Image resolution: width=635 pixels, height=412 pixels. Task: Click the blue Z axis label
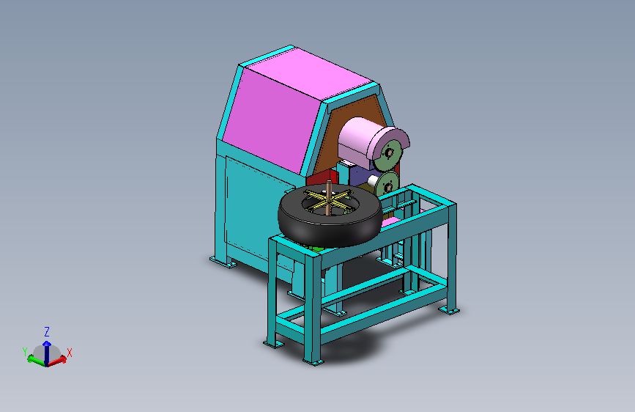(x=47, y=332)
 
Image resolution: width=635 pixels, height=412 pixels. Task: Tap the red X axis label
(x=70, y=353)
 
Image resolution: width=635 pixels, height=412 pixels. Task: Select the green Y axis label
(x=25, y=352)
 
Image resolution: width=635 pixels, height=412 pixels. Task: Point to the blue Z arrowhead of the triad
(x=47, y=345)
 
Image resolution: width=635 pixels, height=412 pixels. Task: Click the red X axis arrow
(x=58, y=360)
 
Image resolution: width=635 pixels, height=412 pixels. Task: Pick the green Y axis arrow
(x=37, y=360)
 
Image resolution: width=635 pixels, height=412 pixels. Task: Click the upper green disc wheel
(x=388, y=154)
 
